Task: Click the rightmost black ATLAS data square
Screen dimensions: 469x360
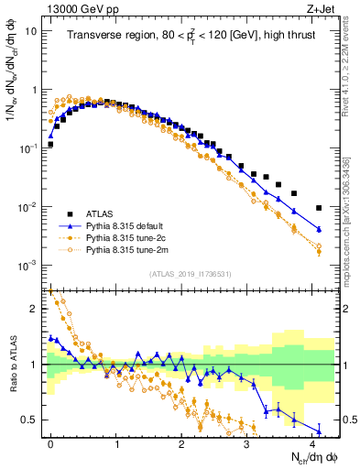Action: click(x=319, y=208)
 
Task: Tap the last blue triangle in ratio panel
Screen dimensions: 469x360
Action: click(x=319, y=431)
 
